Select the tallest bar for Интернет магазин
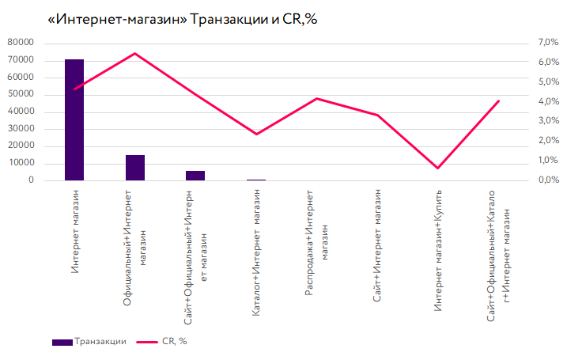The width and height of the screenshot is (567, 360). (x=74, y=119)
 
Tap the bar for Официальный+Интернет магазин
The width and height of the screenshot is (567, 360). (x=135, y=168)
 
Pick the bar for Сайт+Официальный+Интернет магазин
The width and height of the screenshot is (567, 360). (x=195, y=176)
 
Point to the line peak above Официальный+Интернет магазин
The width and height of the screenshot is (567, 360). (x=135, y=54)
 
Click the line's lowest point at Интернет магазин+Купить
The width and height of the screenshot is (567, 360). (x=437, y=168)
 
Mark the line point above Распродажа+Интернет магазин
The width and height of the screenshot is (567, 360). (x=316, y=98)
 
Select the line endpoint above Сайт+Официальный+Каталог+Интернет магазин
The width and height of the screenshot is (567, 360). (x=498, y=100)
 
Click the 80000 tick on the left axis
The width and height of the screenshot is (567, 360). (x=21, y=43)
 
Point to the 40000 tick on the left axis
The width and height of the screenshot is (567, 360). (x=21, y=112)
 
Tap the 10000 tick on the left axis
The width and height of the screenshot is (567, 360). (x=21, y=163)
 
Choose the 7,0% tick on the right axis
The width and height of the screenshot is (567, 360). (x=548, y=43)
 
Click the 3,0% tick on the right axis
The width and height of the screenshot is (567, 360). (x=548, y=121)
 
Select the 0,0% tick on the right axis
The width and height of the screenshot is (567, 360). (x=548, y=180)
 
